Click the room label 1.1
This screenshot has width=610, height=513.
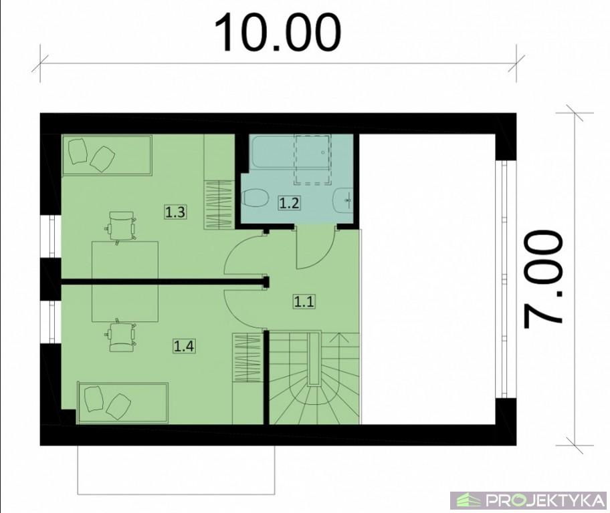coord(304,301)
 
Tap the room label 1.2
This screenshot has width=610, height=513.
coord(290,203)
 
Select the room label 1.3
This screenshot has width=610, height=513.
coord(175,212)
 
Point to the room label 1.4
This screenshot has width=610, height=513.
coord(184,345)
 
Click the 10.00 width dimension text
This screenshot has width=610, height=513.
coord(278,32)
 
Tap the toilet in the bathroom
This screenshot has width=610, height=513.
coord(256,198)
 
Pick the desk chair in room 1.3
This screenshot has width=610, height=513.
coord(121,227)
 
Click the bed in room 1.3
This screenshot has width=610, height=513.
coord(107,156)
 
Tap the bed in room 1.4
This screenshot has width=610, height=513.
coord(123,403)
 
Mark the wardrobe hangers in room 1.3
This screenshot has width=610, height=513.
coord(219,205)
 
